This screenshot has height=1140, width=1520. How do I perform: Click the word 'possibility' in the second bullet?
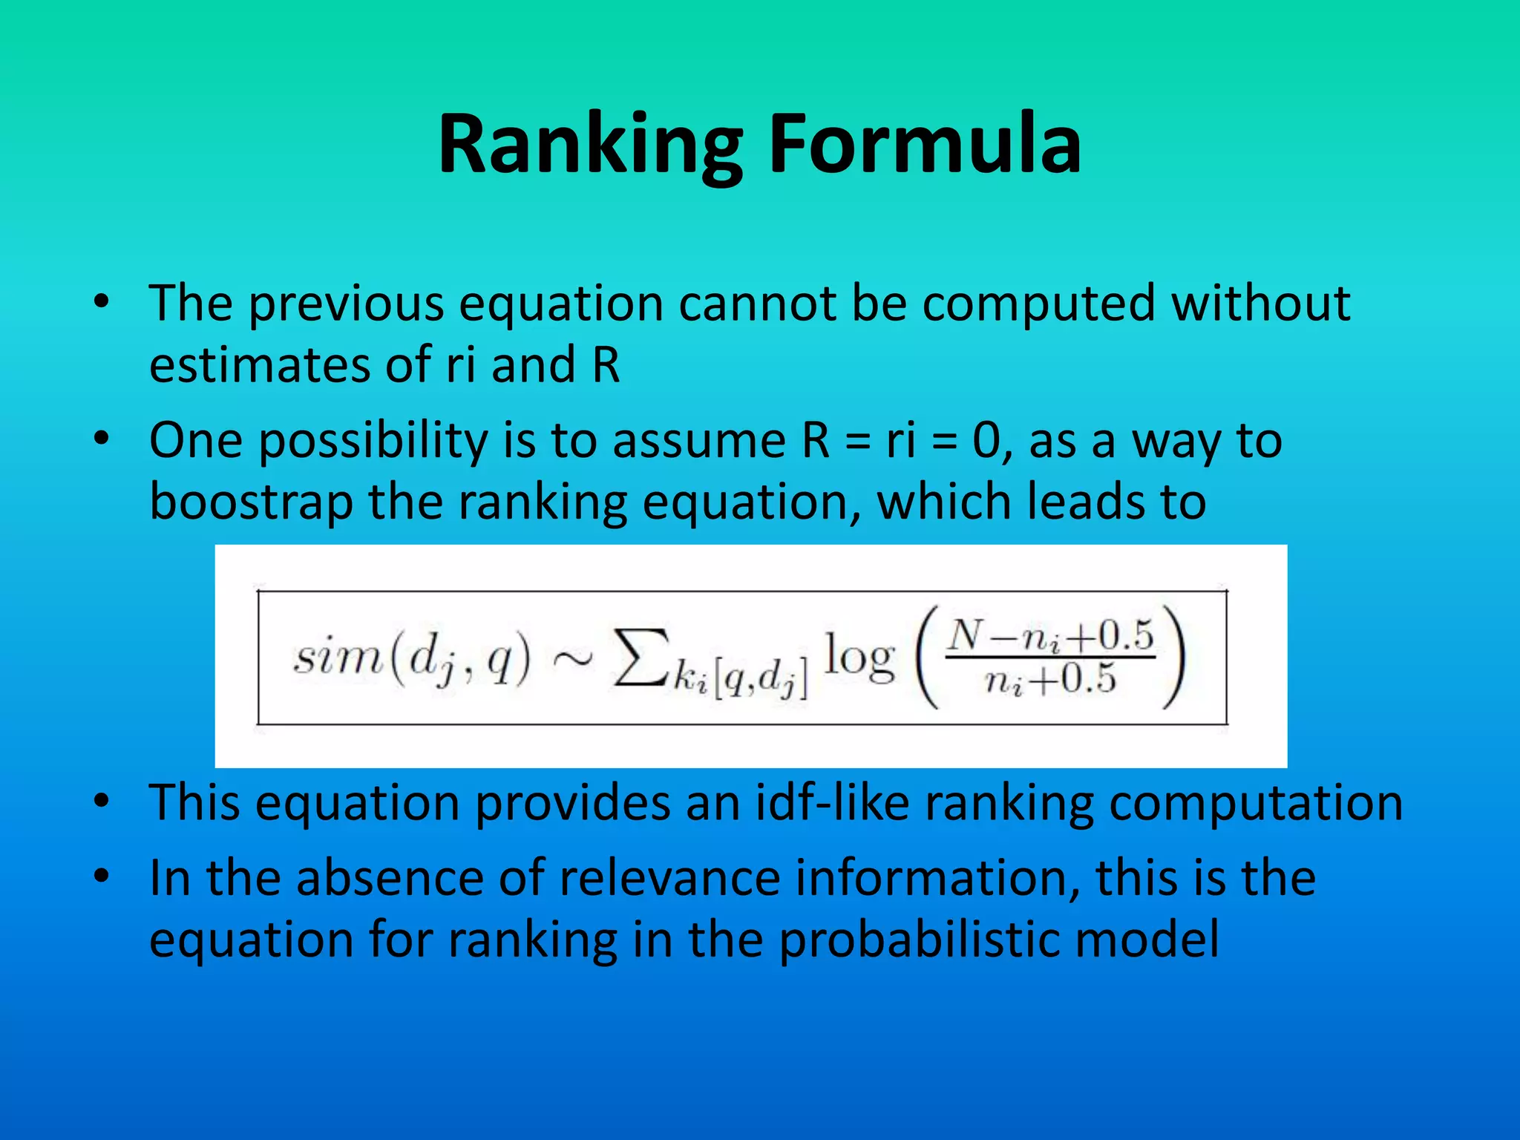pyautogui.click(x=373, y=442)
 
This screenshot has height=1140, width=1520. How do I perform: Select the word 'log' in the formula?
pyautogui.click(x=859, y=658)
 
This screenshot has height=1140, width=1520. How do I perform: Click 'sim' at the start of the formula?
pyautogui.click(x=338, y=658)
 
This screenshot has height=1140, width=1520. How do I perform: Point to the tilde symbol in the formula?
pyautogui.click(x=571, y=658)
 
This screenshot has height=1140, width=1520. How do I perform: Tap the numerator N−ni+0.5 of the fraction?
pyautogui.click(x=1051, y=635)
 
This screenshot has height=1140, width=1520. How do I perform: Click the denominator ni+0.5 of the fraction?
pyautogui.click(x=1051, y=680)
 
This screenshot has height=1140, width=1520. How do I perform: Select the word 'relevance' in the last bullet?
pyautogui.click(x=669, y=878)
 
